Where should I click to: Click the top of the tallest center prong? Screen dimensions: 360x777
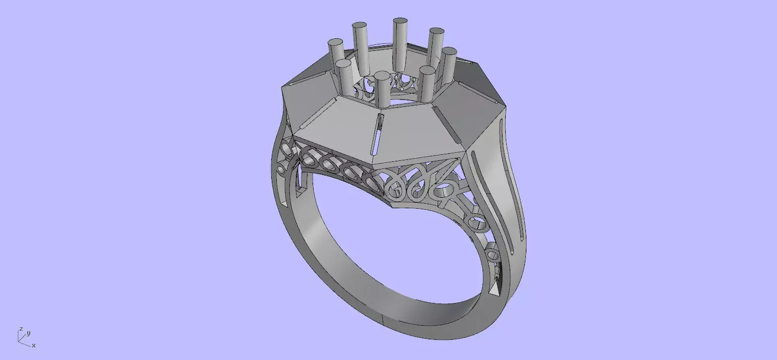(400, 22)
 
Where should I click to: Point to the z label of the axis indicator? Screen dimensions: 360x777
(21, 329)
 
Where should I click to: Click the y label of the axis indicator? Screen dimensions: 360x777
(29, 333)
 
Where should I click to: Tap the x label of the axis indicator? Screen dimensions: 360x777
(33, 345)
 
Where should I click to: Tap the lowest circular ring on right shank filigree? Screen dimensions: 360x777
(493, 254)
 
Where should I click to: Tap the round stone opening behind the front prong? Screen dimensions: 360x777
(398, 101)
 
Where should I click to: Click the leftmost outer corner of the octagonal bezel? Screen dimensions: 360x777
(282, 89)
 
